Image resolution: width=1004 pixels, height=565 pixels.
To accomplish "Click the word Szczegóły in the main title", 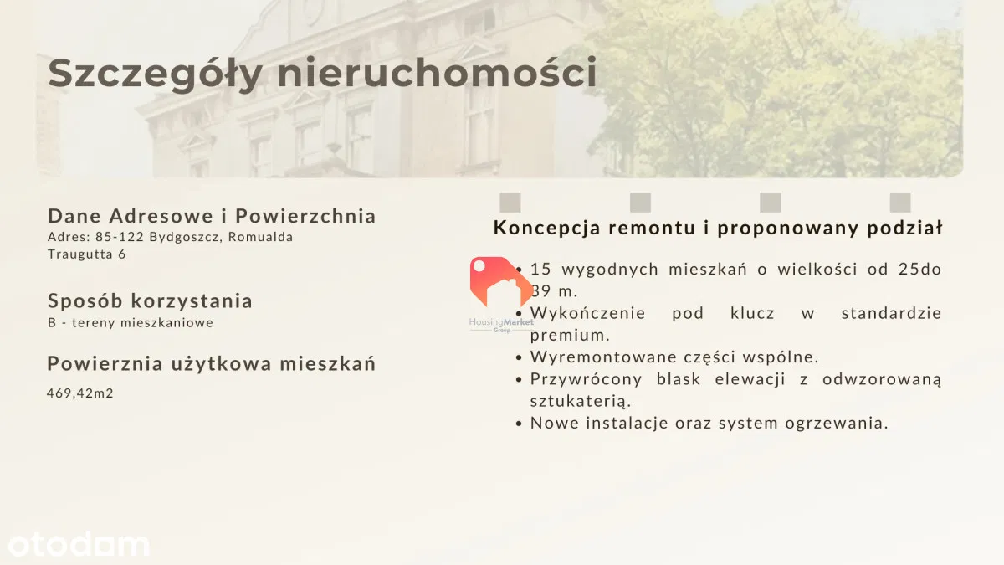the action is [x=155, y=74].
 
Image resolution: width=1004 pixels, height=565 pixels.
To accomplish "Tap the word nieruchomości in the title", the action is [x=437, y=72].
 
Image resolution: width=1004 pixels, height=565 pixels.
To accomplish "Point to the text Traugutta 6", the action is [x=87, y=254].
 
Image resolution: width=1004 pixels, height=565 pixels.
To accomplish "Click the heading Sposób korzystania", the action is [x=150, y=300].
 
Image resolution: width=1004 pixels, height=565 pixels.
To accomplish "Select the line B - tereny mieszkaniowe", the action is [x=131, y=322].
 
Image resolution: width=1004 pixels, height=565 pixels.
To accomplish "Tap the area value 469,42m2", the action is [x=80, y=393].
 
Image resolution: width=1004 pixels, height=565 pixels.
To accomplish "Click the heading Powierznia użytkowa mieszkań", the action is [x=211, y=363].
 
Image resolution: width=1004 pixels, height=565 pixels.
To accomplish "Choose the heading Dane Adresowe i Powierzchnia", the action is [x=212, y=216].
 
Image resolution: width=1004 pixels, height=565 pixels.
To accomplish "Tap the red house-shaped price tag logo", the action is [x=500, y=281].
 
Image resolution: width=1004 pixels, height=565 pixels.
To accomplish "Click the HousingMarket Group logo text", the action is [x=501, y=325].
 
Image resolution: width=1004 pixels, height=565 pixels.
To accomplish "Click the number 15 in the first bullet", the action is [x=540, y=269].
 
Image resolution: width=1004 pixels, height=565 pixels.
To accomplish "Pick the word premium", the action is [x=570, y=336].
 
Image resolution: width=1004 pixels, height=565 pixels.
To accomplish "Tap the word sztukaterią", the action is [x=581, y=401].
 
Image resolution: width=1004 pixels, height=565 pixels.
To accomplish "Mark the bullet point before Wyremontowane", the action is [x=519, y=358].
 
